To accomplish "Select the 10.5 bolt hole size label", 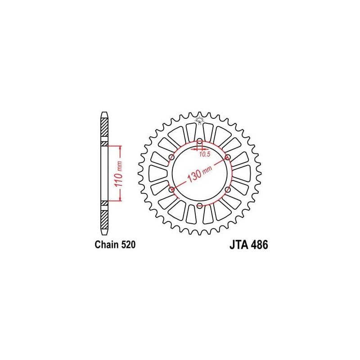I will pos(205,154).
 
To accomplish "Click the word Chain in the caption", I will pos(105,245).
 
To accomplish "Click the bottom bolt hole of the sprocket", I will pos(199,206).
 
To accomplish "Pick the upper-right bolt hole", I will pos(228,157).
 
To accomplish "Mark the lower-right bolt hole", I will pos(228,190).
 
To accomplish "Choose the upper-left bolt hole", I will pos(171,157).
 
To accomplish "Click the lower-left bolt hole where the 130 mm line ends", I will pos(171,190).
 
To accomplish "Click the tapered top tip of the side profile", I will pos(104,114).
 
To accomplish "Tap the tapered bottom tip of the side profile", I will pos(104,233).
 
